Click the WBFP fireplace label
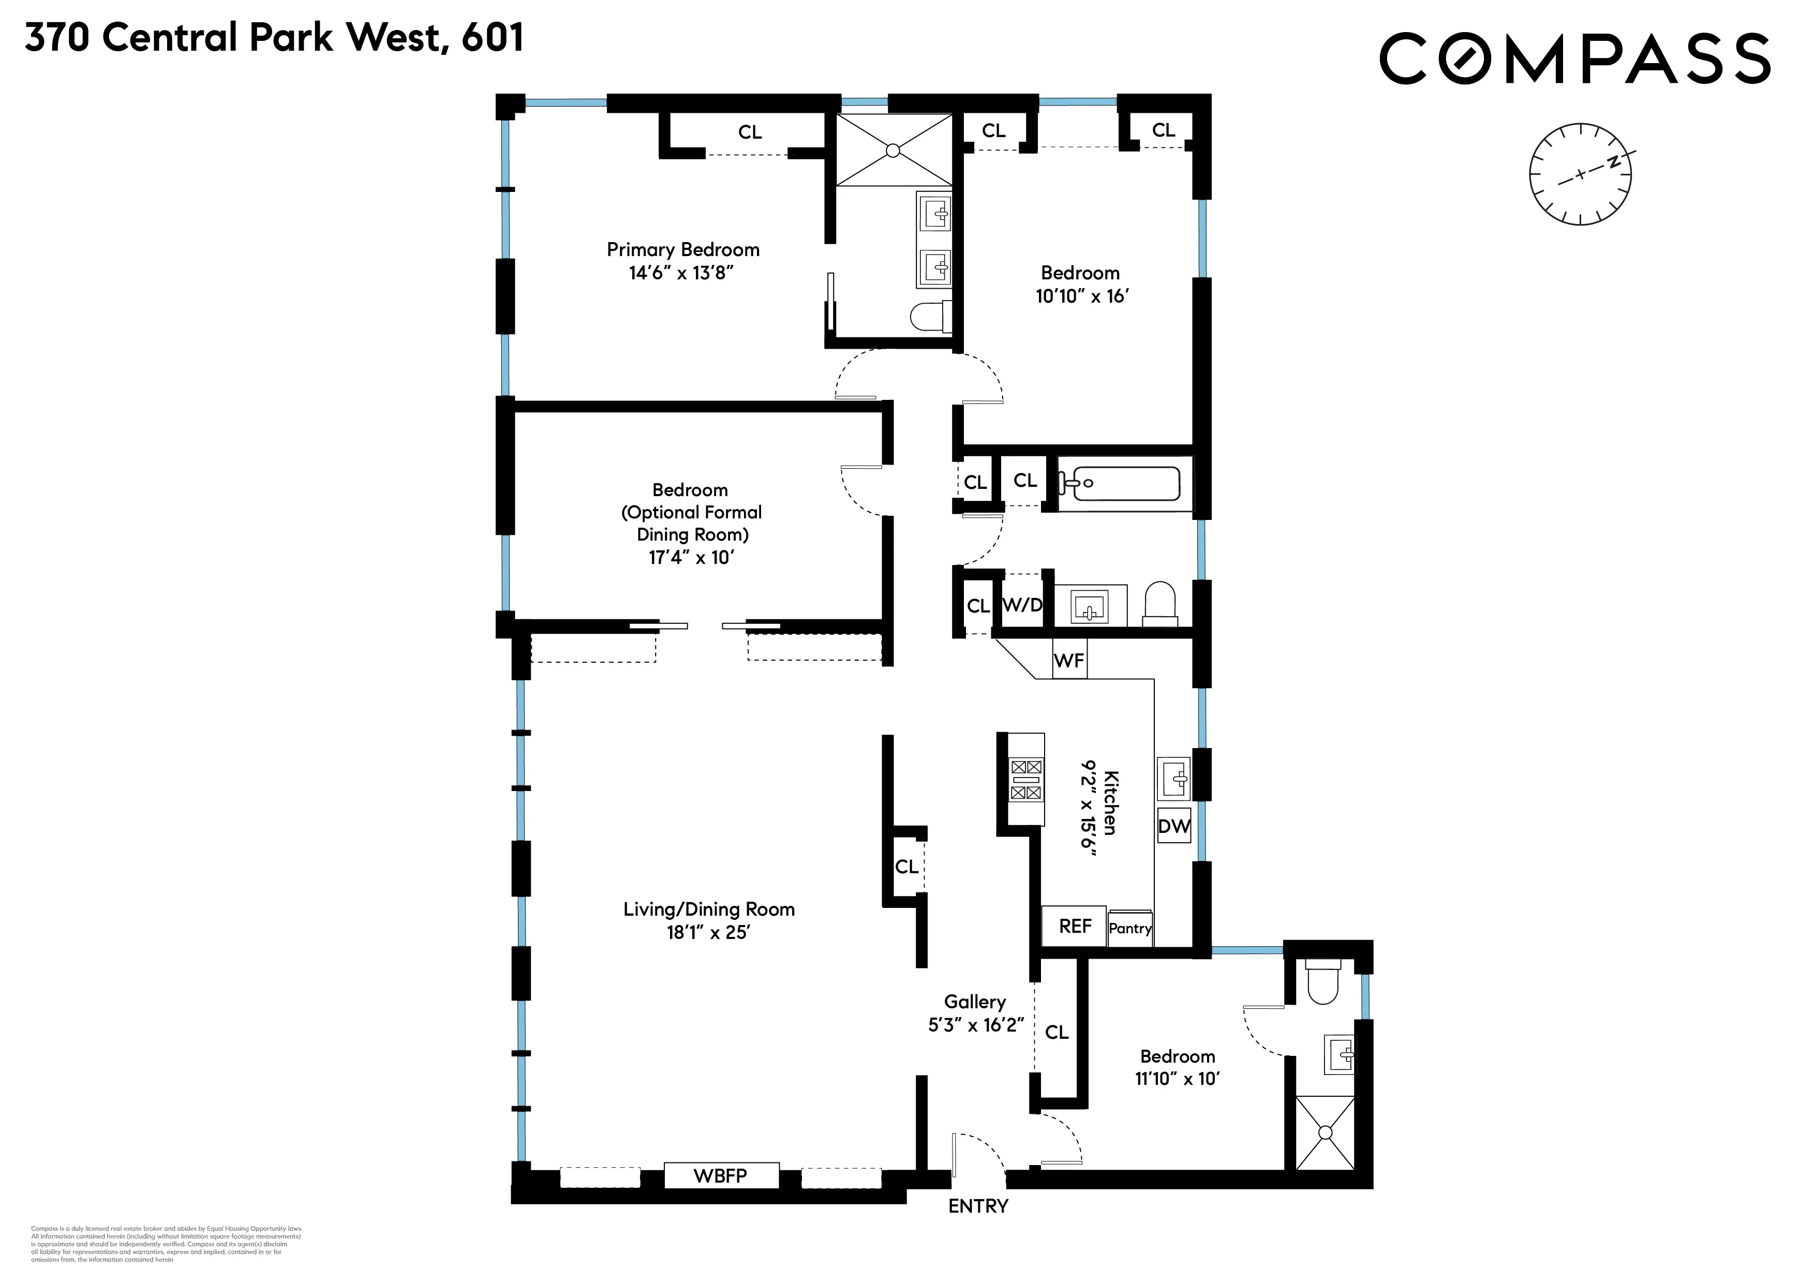click(x=720, y=1175)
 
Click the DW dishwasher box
click(x=1174, y=826)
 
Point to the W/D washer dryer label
click(x=1022, y=605)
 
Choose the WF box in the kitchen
click(x=1069, y=660)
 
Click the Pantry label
click(x=1129, y=928)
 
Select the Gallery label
click(x=975, y=1002)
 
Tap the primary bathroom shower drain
click(x=893, y=150)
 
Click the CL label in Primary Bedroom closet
click(x=749, y=132)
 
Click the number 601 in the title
click(x=493, y=37)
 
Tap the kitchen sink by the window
click(x=1174, y=779)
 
